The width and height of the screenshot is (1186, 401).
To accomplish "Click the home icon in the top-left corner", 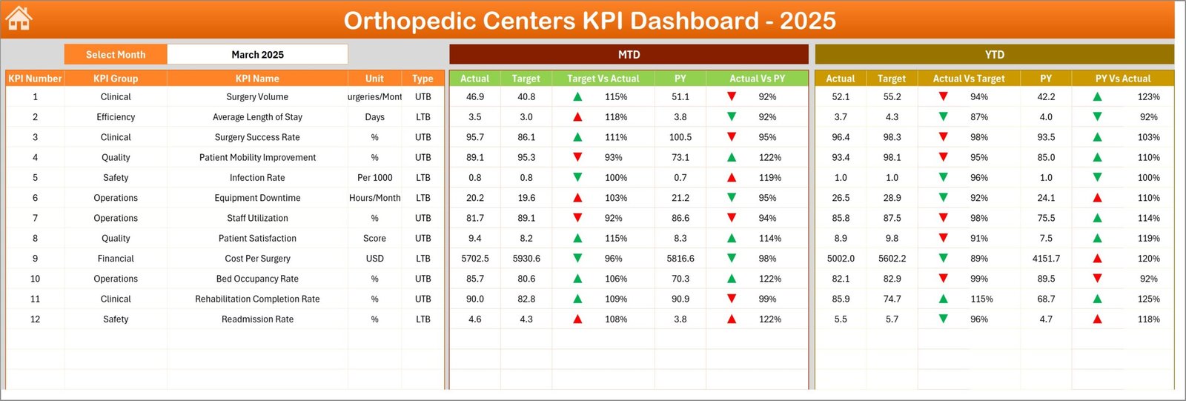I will [19, 19].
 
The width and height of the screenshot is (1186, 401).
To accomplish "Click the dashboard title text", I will [589, 21].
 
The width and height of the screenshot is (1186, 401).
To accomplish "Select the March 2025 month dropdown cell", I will [257, 55].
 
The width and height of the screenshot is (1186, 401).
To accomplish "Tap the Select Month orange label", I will [116, 55].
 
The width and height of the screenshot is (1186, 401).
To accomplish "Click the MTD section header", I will [629, 55].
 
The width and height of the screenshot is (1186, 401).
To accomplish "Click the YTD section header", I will [994, 55].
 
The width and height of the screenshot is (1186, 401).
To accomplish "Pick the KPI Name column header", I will [257, 79].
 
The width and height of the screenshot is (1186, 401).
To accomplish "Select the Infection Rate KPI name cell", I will [257, 178].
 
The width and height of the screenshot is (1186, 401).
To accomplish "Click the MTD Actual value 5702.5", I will [475, 259].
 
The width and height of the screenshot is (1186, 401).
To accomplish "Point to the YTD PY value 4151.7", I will [1046, 259].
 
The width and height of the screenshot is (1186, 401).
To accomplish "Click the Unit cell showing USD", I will [374, 259].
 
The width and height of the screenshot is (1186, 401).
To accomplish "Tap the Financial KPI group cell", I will [116, 259].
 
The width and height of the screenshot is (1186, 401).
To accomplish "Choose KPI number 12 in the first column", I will [35, 319].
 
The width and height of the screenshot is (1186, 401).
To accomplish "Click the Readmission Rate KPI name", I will [257, 319].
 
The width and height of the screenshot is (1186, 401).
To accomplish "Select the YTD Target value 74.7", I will [892, 299].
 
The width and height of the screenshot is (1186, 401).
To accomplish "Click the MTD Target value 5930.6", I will [526, 259].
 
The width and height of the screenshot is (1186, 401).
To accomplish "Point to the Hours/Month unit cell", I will [374, 198].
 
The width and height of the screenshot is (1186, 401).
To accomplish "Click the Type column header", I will [423, 79].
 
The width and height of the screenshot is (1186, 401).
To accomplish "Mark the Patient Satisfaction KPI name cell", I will [257, 239].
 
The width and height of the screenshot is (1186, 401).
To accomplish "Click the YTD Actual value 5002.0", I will [841, 259].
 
